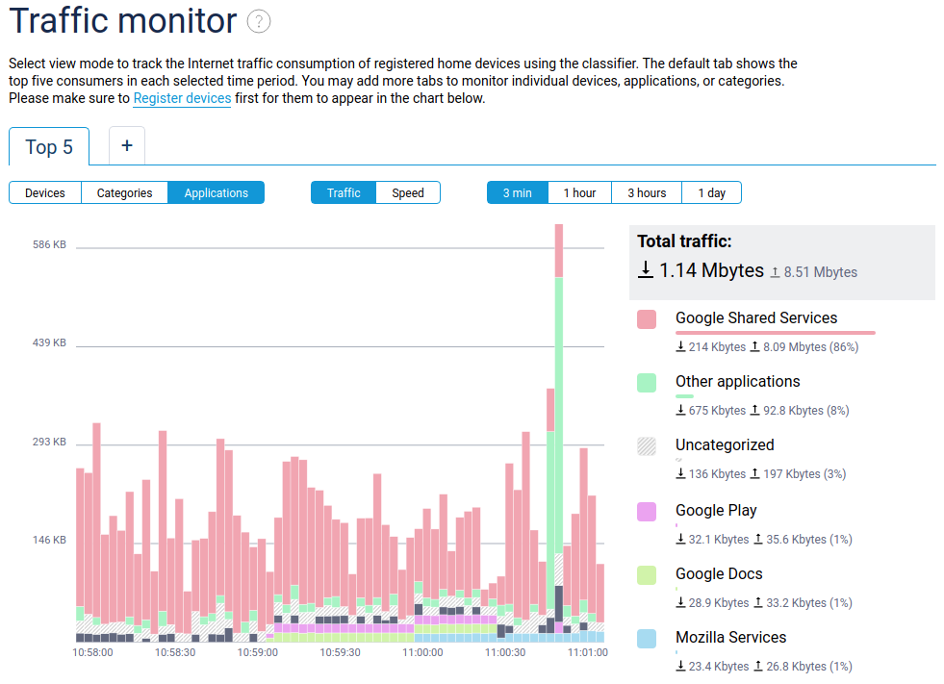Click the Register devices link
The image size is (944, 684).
[182, 98]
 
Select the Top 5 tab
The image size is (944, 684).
[49, 147]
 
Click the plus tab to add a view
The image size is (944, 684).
[126, 146]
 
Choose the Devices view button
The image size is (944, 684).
[45, 193]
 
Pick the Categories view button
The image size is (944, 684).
[124, 193]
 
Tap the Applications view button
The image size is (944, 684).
[216, 193]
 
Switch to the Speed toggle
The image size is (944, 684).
[407, 193]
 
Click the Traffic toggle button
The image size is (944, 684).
[344, 193]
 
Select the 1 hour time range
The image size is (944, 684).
[579, 193]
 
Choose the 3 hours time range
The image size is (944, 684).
[647, 193]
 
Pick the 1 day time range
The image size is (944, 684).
[711, 193]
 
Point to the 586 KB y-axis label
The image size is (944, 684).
[49, 245]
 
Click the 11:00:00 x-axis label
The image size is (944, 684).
[422, 652]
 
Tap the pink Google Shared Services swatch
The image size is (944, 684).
[647, 319]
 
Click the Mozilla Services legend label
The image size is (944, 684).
[730, 638]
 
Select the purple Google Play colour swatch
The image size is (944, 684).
[647, 512]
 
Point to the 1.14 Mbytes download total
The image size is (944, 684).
[710, 271]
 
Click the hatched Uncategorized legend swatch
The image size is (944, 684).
[647, 446]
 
